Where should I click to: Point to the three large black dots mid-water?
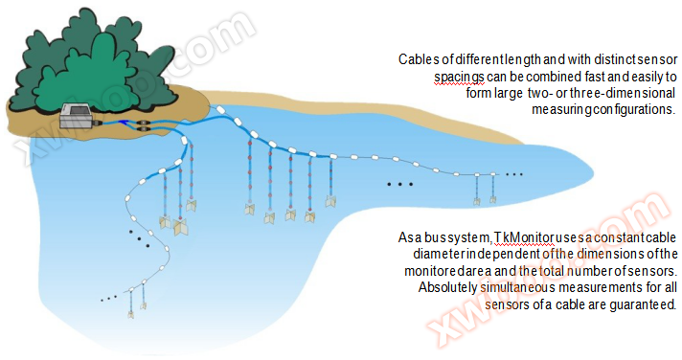pyautogui.click(x=399, y=183)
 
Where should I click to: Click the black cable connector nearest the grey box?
pyautogui.click(x=126, y=124)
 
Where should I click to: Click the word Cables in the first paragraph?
pyautogui.click(x=419, y=59)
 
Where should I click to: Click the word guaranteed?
pyautogui.click(x=644, y=305)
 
